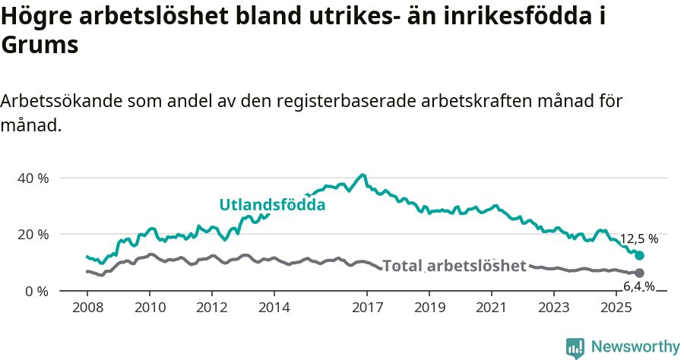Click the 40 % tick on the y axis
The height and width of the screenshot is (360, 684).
tap(33, 178)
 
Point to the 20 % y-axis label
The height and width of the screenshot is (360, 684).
tap(33, 234)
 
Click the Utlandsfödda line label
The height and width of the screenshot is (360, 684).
tap(272, 205)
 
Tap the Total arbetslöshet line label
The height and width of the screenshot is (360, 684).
tap(454, 266)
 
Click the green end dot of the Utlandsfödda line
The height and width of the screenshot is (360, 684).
tap(639, 256)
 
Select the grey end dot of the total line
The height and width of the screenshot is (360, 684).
tap(639, 273)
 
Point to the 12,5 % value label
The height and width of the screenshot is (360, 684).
tap(638, 239)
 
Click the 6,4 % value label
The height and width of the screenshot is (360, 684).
tap(638, 286)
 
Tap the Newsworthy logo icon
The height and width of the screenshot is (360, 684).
tap(575, 348)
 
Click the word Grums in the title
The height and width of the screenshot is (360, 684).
tap(40, 46)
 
